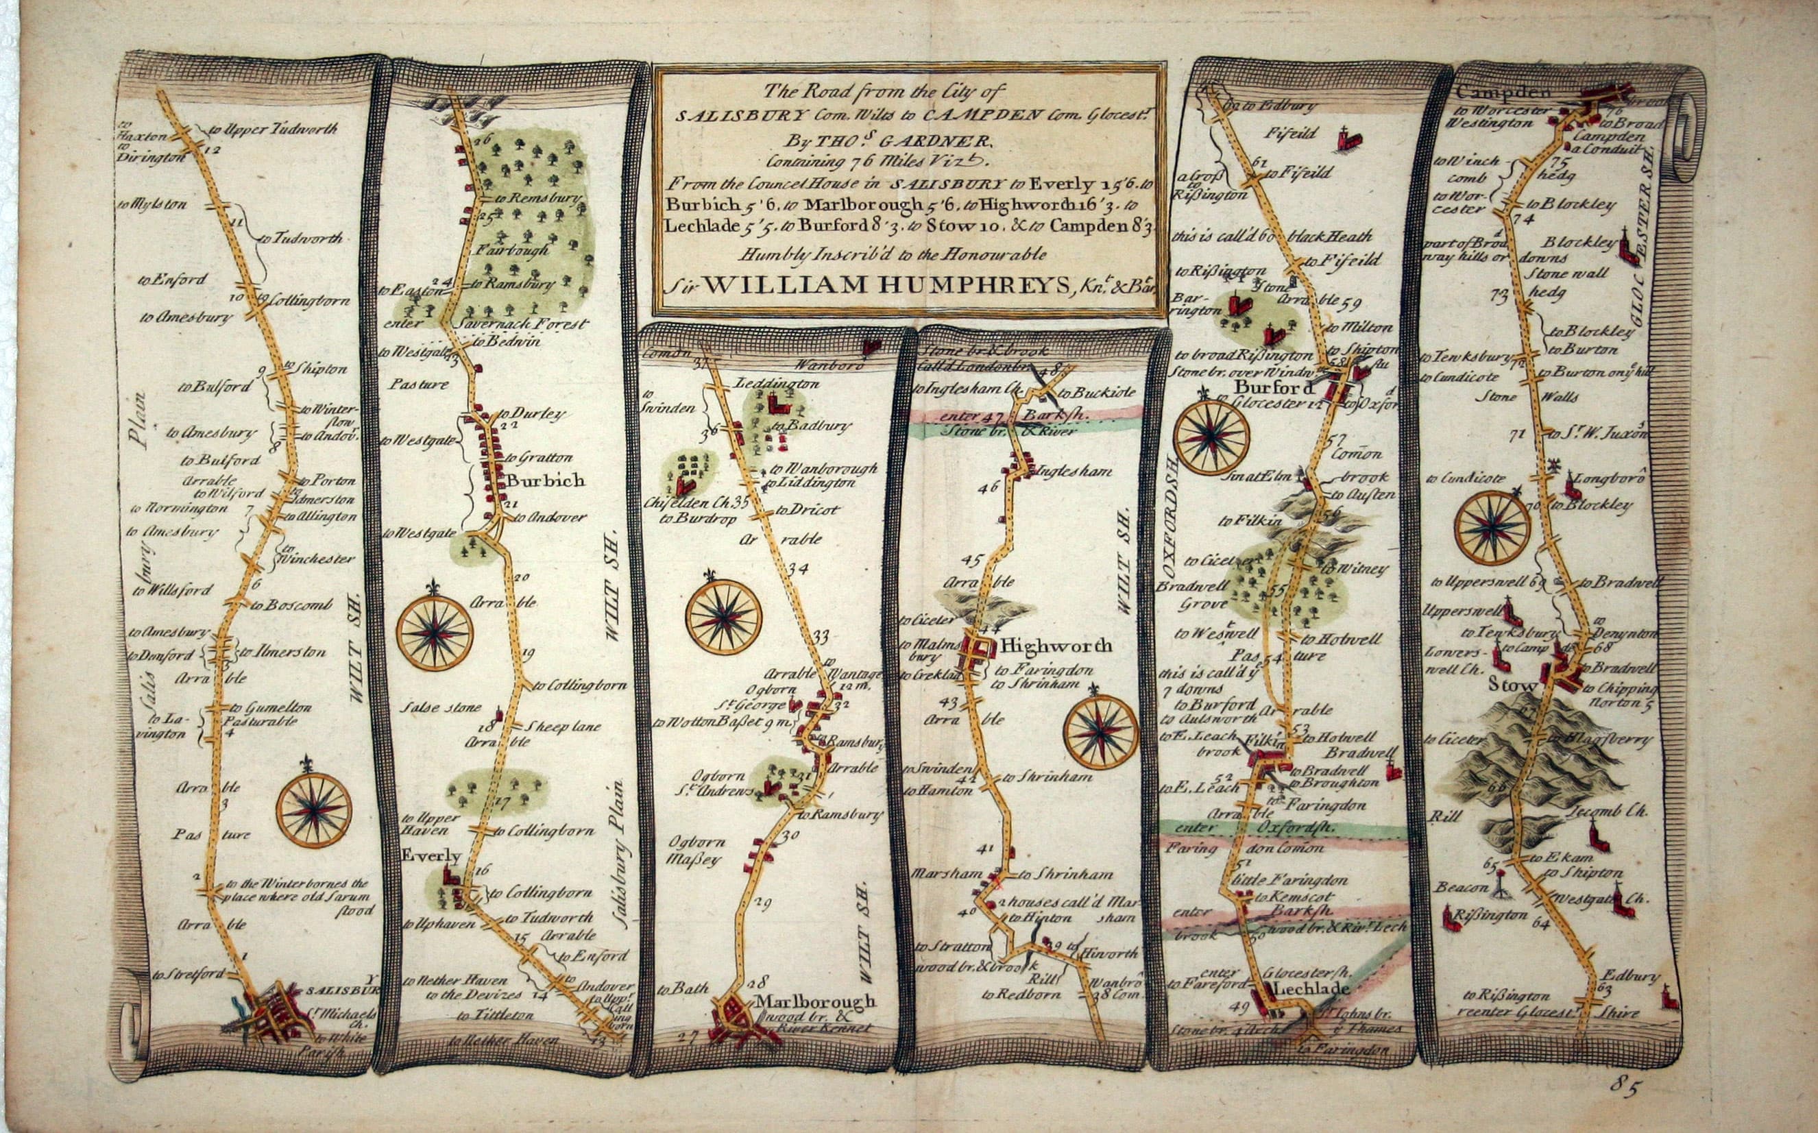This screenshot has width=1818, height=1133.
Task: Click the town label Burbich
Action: [545, 480]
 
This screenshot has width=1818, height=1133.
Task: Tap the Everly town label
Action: [431, 855]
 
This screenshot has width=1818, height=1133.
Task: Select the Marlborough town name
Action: [814, 1001]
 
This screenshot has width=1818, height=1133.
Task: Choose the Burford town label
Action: [1274, 388]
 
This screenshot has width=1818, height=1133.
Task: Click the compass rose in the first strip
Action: [313, 809]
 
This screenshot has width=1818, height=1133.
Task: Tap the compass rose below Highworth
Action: [1101, 732]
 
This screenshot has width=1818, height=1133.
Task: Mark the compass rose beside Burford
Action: [1211, 437]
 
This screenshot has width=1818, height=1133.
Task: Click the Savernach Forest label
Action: [524, 324]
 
